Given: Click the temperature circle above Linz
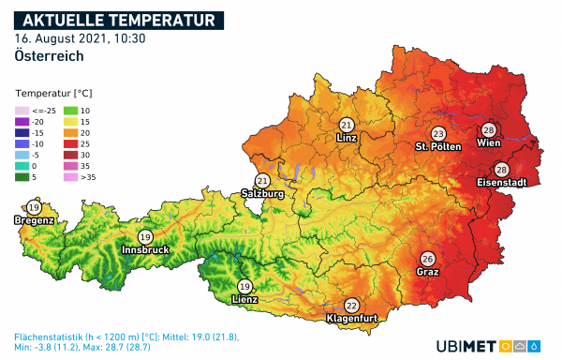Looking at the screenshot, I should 347,125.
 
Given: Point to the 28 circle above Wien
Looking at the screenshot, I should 488,130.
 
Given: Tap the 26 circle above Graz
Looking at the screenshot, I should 427,259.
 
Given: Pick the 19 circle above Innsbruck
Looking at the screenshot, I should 144,237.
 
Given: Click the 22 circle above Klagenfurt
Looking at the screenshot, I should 351,306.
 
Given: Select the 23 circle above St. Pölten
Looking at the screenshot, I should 437,134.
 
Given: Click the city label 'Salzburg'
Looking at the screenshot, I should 262,194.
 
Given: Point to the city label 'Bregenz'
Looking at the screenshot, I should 34,220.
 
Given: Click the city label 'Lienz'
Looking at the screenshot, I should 245,300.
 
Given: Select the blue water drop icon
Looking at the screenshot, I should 535,345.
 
